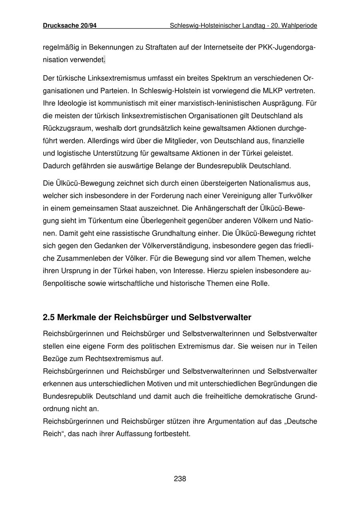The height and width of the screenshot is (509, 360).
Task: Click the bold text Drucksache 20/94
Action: tap(70, 26)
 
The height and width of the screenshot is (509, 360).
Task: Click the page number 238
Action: tap(180, 479)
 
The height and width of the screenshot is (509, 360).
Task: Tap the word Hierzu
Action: tap(217, 271)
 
